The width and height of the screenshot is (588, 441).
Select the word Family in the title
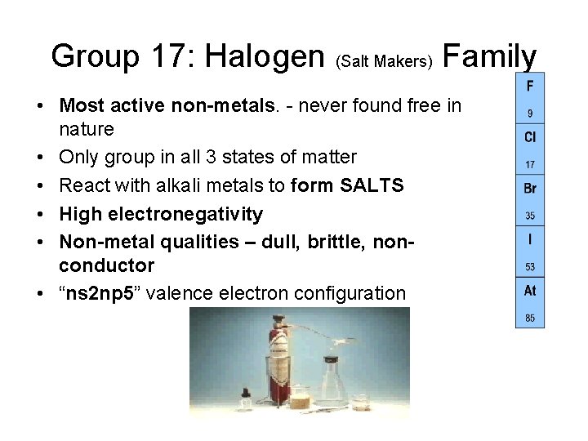click(x=489, y=56)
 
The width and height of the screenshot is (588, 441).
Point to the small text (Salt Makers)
click(x=383, y=62)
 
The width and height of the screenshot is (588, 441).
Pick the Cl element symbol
click(x=530, y=138)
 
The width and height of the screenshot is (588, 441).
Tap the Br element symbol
click(x=530, y=189)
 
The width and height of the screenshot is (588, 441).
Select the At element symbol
click(x=530, y=291)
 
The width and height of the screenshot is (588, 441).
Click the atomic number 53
click(x=530, y=267)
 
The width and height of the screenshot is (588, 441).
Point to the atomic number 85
click(x=530, y=318)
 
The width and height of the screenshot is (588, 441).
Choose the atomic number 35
click(x=530, y=216)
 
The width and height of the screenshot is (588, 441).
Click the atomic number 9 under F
click(x=530, y=114)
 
